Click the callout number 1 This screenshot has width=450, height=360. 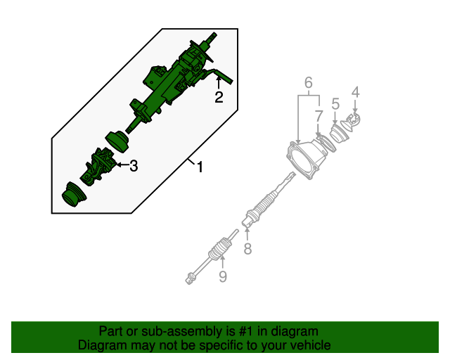(200, 167)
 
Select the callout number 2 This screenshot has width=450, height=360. (219, 98)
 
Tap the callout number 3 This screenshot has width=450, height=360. (133, 166)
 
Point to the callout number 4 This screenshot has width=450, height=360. (355, 91)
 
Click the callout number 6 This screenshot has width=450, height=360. (308, 84)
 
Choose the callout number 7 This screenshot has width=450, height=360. (319, 115)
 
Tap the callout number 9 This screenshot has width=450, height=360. (222, 277)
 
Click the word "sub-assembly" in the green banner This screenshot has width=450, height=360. (163, 331)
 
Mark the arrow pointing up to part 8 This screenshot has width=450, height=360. (247, 232)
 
